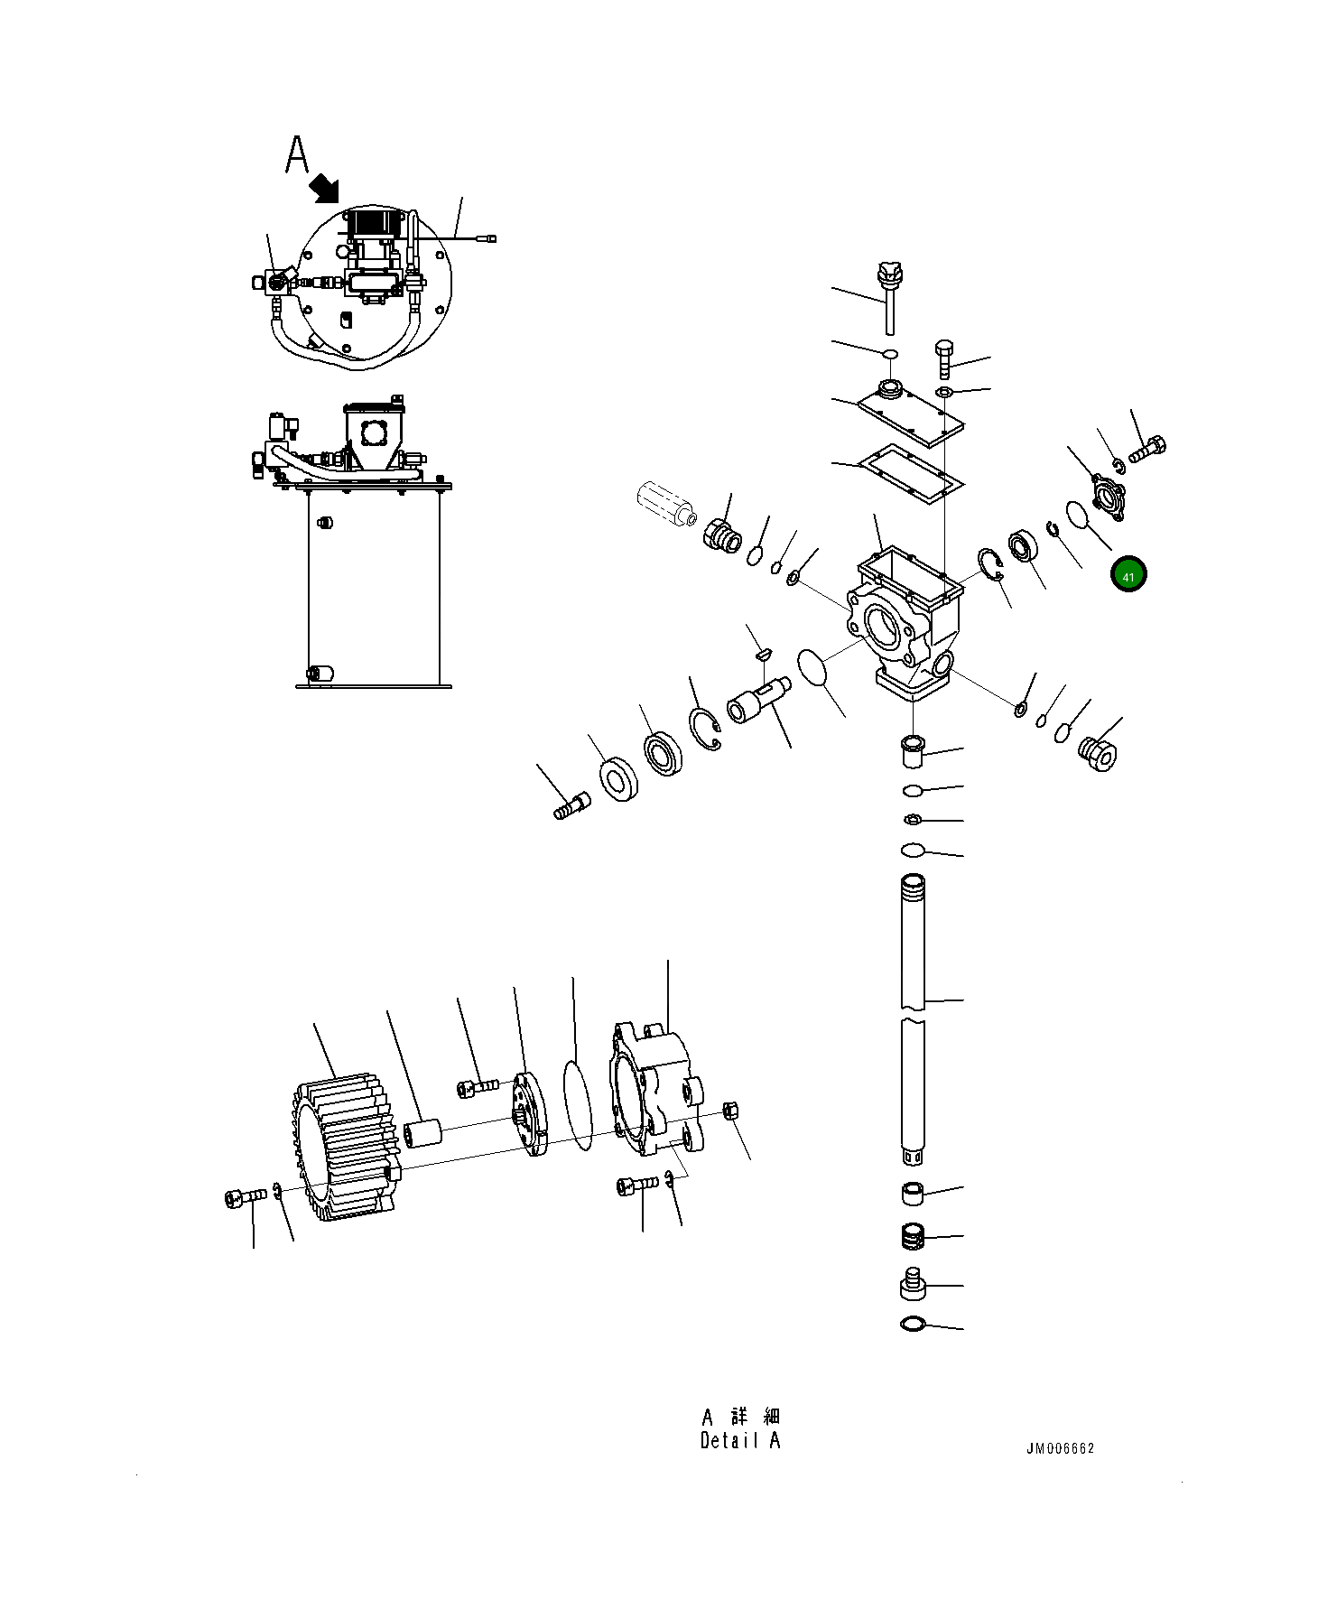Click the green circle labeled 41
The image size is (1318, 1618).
tap(1128, 575)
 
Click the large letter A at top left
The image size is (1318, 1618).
tap(297, 155)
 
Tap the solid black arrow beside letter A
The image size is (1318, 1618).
tap(324, 189)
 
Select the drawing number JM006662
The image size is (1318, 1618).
tap(1060, 1448)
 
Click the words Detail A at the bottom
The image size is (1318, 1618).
tap(739, 1441)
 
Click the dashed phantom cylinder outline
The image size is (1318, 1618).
tap(664, 504)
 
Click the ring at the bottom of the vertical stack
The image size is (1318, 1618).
tap(913, 1325)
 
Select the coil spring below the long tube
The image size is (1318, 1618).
tap(914, 1236)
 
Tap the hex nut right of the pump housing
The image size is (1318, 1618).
tap(731, 1110)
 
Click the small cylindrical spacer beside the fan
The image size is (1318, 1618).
tap(422, 1133)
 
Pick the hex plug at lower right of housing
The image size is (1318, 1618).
tap(1098, 752)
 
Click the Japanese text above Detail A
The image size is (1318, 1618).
tap(741, 1416)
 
